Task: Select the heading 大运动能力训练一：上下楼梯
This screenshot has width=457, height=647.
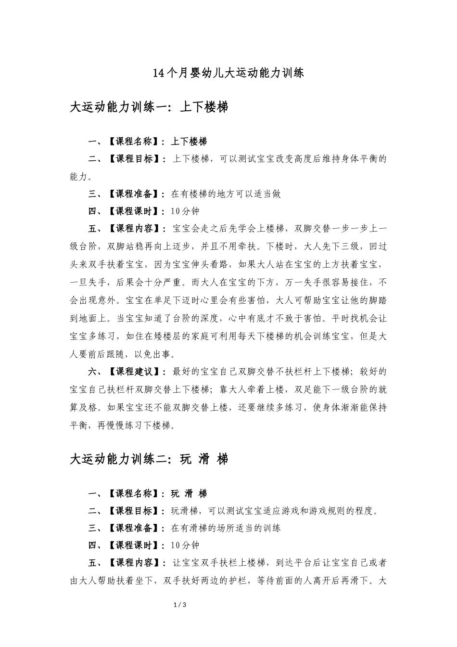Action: tap(149, 107)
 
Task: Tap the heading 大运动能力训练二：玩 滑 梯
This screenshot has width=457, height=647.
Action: tap(149, 459)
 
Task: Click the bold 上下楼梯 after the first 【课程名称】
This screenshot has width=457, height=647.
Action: tap(189, 142)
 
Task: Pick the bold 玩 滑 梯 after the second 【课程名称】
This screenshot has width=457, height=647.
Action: tap(189, 493)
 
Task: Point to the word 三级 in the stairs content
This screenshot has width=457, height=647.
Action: tap(350, 246)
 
